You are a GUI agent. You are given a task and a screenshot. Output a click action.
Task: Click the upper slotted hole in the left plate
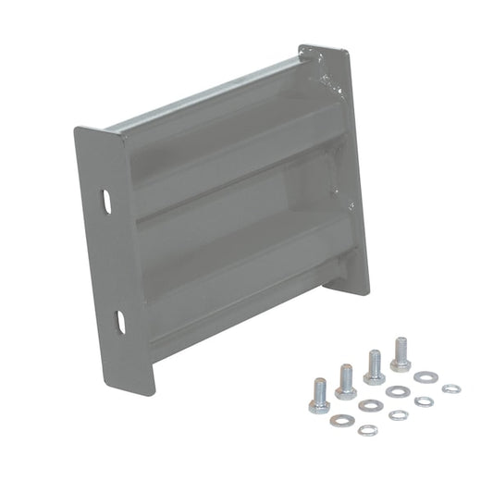(107, 199)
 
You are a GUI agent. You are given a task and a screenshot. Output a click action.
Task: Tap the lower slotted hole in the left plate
(121, 320)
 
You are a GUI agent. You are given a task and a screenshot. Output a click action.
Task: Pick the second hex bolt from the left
(346, 382)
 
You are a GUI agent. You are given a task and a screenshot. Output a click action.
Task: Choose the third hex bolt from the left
(375, 367)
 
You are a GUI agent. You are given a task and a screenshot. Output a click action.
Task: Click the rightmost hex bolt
(401, 354)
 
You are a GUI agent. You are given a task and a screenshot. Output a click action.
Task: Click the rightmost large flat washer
(425, 377)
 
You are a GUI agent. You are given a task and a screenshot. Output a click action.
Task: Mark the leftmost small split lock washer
(367, 429)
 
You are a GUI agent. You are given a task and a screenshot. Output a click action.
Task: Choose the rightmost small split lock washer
(450, 388)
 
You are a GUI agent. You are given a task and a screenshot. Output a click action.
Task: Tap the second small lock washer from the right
(424, 401)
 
